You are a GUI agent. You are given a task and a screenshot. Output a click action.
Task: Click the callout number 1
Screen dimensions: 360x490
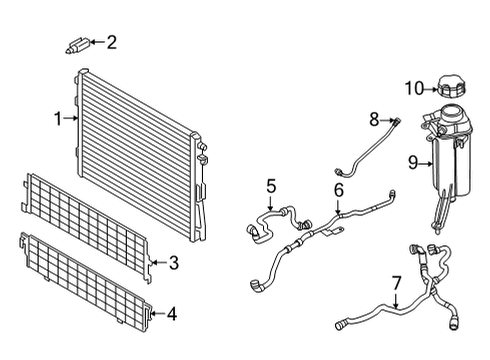(x=57, y=119)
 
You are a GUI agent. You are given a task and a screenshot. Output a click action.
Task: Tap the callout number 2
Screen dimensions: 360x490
(x=111, y=42)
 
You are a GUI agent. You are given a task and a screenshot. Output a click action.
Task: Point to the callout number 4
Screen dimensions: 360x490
(x=172, y=313)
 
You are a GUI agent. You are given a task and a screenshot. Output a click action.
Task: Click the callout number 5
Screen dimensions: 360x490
(x=270, y=185)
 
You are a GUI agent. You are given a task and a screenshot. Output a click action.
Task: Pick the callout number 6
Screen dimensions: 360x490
(x=338, y=189)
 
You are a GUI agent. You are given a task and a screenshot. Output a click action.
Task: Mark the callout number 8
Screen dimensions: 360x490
(x=373, y=120)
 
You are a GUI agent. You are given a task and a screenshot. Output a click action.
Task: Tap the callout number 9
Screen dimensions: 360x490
(x=412, y=160)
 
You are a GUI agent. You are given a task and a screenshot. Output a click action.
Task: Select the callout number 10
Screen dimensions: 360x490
(x=414, y=88)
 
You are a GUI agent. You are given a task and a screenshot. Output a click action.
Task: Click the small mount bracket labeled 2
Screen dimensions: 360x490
(x=77, y=43)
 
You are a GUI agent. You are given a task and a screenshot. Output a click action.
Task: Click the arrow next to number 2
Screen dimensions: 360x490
(x=96, y=42)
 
